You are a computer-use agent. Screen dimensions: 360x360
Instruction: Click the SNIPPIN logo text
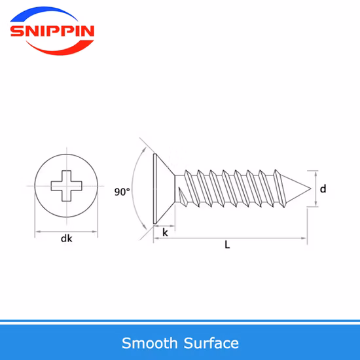(x=52, y=31)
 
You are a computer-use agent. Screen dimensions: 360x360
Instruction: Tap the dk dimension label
(x=66, y=238)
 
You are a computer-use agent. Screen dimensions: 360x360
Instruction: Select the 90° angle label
(x=122, y=192)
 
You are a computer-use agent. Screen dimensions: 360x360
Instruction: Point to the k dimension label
(x=165, y=232)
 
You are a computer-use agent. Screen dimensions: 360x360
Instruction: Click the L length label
(x=227, y=245)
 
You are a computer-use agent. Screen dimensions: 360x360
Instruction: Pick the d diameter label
(x=323, y=189)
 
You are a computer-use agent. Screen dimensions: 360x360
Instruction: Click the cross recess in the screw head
(x=66, y=186)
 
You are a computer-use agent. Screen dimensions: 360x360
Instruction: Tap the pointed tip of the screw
(x=311, y=189)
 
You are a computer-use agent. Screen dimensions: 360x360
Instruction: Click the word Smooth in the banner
(x=150, y=343)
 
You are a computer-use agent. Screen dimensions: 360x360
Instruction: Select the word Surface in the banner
(x=211, y=343)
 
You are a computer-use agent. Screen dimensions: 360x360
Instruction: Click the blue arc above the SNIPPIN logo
(x=44, y=13)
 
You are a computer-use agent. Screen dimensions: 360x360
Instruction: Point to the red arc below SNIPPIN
(x=60, y=49)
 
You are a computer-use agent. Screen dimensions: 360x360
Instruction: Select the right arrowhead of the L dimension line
(x=304, y=238)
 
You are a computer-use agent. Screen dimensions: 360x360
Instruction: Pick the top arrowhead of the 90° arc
(x=144, y=150)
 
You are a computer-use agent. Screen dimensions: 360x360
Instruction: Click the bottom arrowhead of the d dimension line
(x=316, y=204)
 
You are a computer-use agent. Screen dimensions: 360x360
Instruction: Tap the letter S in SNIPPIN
(x=17, y=31)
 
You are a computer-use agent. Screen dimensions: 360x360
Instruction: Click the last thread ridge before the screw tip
(x=279, y=189)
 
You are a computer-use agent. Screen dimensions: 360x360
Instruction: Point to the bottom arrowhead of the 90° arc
(x=145, y=226)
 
